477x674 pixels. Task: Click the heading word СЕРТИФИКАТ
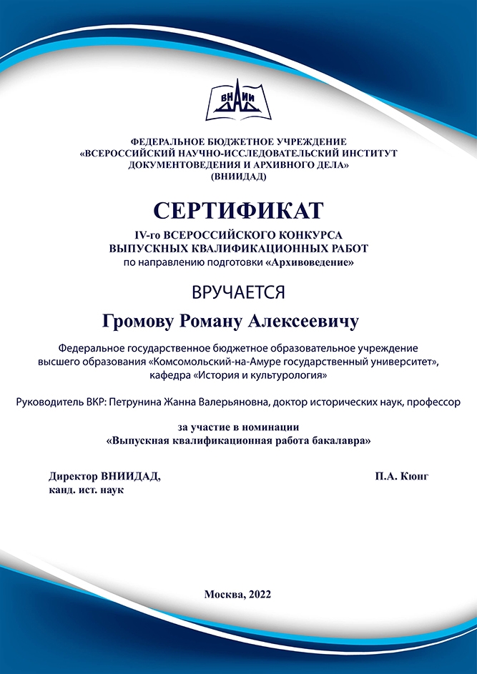click(x=238, y=210)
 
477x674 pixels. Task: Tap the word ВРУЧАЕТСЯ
click(x=238, y=292)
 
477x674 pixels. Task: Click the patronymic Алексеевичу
click(x=309, y=322)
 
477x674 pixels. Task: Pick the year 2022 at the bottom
click(x=260, y=594)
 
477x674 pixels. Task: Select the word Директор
click(x=74, y=476)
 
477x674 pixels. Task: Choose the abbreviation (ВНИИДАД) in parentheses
click(x=238, y=176)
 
